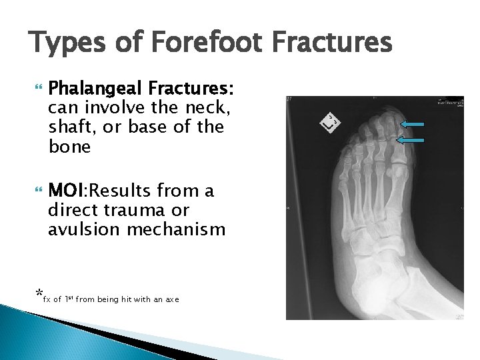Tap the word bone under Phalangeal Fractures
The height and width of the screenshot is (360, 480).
(69, 147)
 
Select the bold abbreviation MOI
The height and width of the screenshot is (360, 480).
(67, 191)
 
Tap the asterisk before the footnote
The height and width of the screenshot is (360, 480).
(39, 294)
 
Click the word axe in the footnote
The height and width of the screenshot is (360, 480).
(173, 300)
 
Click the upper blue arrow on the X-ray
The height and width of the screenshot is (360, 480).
(414, 124)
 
